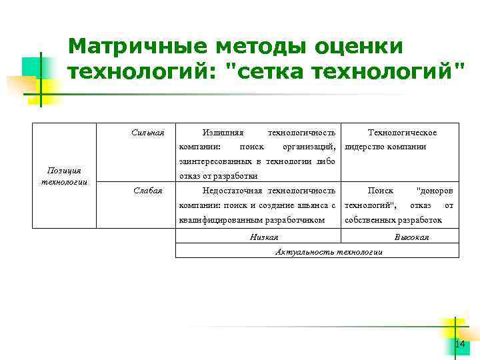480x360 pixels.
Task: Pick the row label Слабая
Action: coord(148,191)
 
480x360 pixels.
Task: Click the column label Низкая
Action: coord(263,237)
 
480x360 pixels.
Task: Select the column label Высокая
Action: coord(411,237)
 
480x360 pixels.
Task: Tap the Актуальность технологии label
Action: coord(329,251)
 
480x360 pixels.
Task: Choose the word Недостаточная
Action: coord(227,191)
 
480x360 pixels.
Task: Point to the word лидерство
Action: coord(365,147)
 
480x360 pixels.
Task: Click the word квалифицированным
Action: coord(222,219)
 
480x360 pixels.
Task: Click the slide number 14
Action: coord(459,344)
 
